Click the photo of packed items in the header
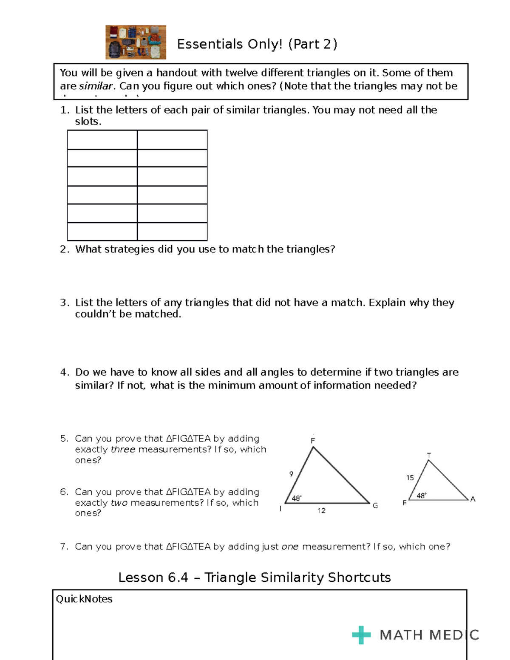tap(136, 42)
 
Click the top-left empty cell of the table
tap(102, 140)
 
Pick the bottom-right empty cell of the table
tap(172, 232)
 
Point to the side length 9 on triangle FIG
tap(291, 474)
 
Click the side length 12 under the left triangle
tap(321, 511)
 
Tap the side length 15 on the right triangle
tap(410, 478)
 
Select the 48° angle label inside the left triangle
tap(297, 499)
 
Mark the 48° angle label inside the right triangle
tap(422, 496)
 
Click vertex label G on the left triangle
tap(375, 506)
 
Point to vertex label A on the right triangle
tap(473, 499)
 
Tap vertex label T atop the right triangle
tap(429, 455)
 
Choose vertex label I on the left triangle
tap(280, 509)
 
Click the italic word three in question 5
tap(123, 450)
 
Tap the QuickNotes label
tap(84, 599)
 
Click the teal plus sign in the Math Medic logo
tap(361, 635)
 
